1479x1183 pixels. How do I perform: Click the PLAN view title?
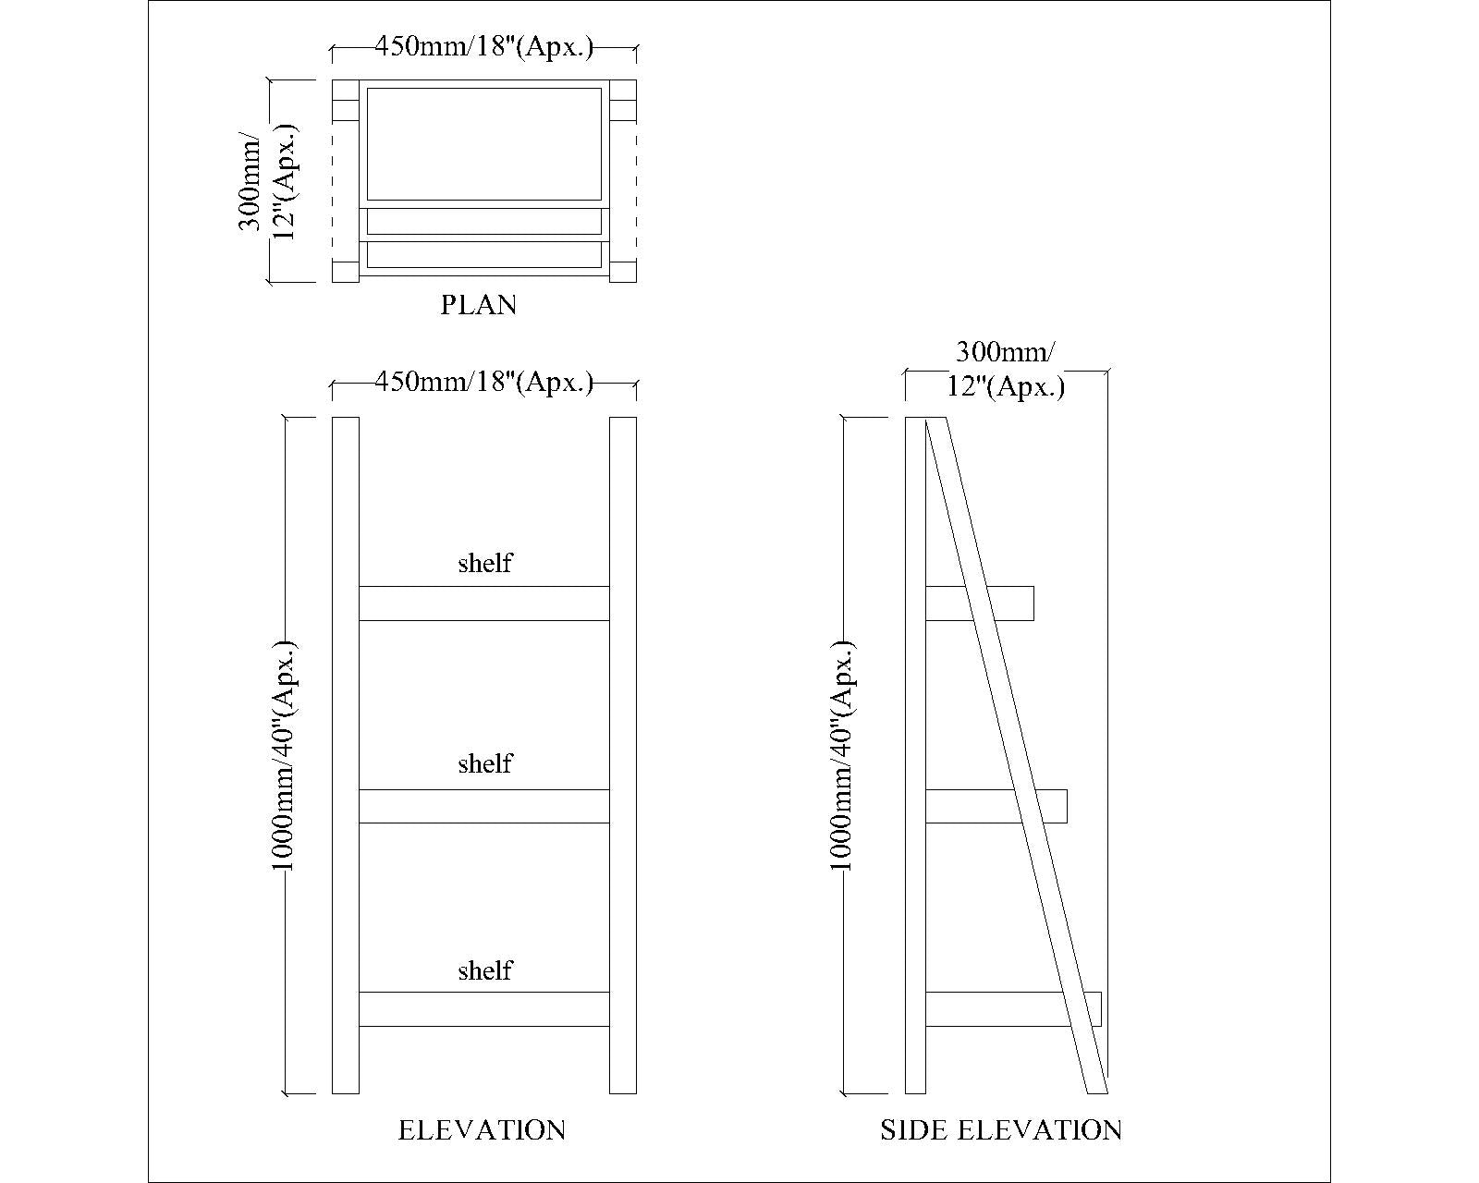tap(478, 304)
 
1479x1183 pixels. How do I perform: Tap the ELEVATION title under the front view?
tap(482, 1130)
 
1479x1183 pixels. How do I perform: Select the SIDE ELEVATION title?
tap(1001, 1130)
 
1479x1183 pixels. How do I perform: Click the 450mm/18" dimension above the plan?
tap(483, 47)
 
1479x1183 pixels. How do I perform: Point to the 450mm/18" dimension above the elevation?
tap(483, 382)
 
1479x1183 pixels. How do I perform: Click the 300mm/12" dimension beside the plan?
tap(267, 181)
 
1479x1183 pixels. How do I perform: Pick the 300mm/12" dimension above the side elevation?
tap(1006, 369)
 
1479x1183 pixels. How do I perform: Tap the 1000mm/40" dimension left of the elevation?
tap(283, 755)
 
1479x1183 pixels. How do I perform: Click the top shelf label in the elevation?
tap(485, 563)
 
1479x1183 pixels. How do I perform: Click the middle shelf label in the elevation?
tap(485, 763)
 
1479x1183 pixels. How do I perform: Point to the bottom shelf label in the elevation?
tap(485, 970)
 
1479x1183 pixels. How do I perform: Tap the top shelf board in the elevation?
tap(483, 604)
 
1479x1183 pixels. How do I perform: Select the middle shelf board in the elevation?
tap(483, 806)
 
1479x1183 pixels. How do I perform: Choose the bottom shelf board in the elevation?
tap(483, 1009)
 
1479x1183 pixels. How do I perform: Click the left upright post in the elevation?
tap(346, 755)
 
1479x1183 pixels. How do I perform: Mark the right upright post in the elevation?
tap(623, 755)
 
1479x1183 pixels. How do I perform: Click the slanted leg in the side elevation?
tap(1017, 755)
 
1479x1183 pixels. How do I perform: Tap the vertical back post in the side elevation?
tap(915, 755)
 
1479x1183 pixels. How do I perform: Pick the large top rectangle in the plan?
tap(483, 144)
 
